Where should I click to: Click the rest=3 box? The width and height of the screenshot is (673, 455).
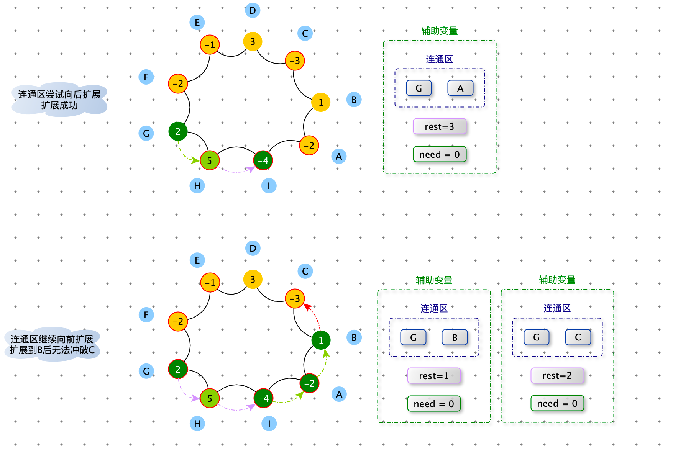pyautogui.click(x=440, y=126)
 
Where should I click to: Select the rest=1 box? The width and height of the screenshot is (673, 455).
pyautogui.click(x=434, y=376)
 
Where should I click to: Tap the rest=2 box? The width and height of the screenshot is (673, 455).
pyautogui.click(x=557, y=375)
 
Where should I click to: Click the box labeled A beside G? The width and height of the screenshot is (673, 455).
pyautogui.click(x=460, y=88)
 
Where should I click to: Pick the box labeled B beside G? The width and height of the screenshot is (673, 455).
pyautogui.click(x=455, y=337)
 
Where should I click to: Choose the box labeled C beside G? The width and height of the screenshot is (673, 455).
pyautogui.click(x=578, y=337)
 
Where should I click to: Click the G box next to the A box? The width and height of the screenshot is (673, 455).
pyautogui.click(x=419, y=88)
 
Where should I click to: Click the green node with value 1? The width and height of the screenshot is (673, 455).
pyautogui.click(x=321, y=340)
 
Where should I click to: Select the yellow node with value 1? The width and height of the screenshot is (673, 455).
pyautogui.click(x=321, y=102)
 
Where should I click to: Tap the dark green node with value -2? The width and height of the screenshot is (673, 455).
pyautogui.click(x=309, y=383)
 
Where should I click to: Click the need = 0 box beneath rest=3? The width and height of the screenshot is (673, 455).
pyautogui.click(x=440, y=154)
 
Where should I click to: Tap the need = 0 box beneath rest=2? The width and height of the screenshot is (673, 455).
pyautogui.click(x=557, y=403)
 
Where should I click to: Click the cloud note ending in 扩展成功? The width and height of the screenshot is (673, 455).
pyautogui.click(x=59, y=100)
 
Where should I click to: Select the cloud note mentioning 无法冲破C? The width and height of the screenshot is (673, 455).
pyautogui.click(x=52, y=344)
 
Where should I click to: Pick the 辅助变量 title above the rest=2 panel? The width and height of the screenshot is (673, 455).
pyautogui.click(x=557, y=280)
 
